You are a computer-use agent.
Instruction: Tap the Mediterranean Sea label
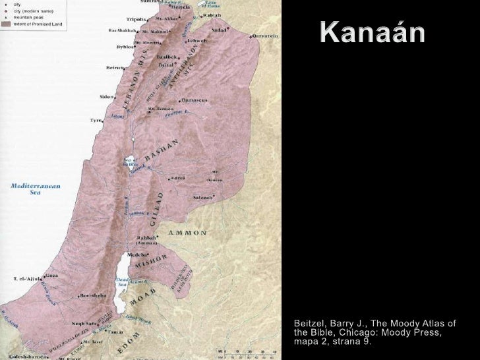pos(35,189)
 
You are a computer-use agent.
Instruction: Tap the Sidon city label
pos(106,96)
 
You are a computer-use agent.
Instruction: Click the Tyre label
pos(96,121)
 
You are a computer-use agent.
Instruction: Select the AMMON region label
pos(188,233)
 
